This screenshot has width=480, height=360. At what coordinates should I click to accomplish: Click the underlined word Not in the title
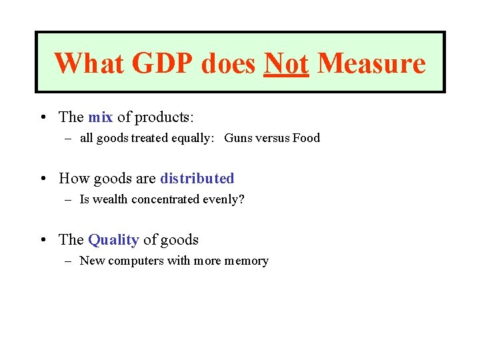point(286,63)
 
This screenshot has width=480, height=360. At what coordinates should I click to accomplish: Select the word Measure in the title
point(371,63)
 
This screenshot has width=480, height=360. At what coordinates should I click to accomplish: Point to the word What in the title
point(89,63)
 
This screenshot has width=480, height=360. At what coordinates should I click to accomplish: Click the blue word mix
point(100,117)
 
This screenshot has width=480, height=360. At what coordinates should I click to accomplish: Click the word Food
point(306,139)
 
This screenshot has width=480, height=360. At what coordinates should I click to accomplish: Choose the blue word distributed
point(197,179)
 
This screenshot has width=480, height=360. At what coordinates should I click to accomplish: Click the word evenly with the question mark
point(223,200)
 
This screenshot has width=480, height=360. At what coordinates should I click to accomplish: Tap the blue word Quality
point(113,240)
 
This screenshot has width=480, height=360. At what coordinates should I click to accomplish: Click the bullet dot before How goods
point(42,179)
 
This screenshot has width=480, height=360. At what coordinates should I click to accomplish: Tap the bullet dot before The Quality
point(42,241)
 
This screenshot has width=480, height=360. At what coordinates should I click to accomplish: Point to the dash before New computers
point(69,261)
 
